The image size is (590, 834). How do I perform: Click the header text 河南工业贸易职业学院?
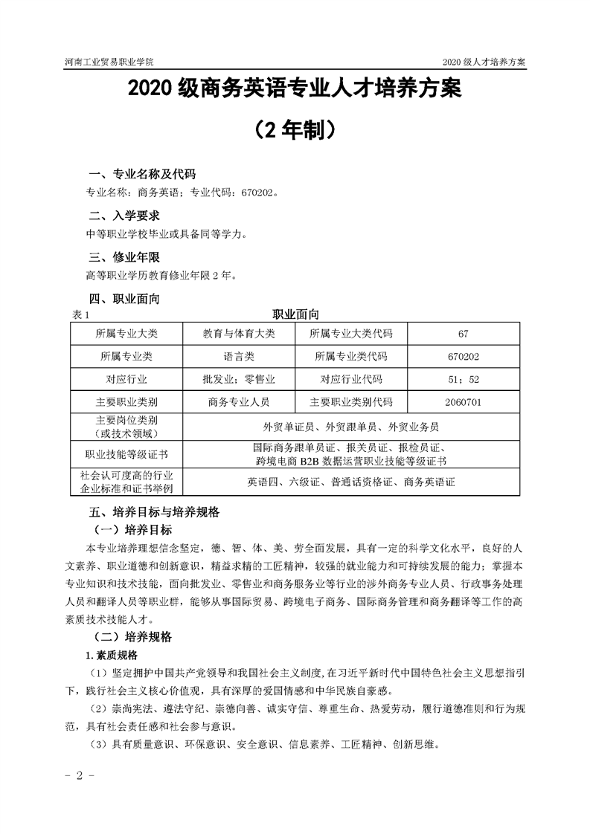(x=111, y=62)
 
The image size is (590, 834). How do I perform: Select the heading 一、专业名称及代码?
(x=141, y=175)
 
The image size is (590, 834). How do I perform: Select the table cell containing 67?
(x=464, y=334)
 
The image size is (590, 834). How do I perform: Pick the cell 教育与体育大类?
(x=239, y=334)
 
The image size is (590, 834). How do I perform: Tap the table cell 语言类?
(x=239, y=357)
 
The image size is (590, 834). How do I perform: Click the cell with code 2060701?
(x=464, y=402)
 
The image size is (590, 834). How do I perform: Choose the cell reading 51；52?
(x=464, y=379)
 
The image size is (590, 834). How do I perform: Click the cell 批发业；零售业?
(x=239, y=379)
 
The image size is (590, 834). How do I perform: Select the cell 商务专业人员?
(x=239, y=402)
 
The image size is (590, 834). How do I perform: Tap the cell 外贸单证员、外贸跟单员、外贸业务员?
(x=351, y=427)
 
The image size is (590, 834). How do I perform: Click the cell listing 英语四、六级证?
(x=351, y=482)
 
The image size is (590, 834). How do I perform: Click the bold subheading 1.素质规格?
(x=112, y=655)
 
